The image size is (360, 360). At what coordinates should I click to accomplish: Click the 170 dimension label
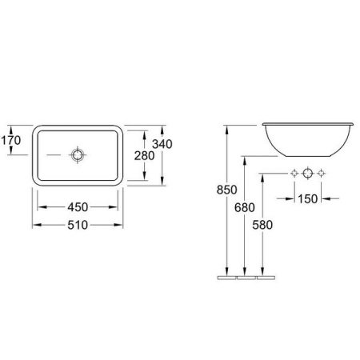pos(11,140)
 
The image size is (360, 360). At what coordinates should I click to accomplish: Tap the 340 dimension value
pos(162,144)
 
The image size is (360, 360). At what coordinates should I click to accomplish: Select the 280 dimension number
pos(144,156)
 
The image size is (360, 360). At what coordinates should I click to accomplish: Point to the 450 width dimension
pos(78,207)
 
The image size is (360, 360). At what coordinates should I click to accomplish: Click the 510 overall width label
pos(78,225)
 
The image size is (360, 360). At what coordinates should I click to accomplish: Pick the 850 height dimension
pos(226,190)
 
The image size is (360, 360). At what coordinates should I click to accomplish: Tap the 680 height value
pos(245,207)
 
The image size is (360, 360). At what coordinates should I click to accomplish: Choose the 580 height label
pos(262,225)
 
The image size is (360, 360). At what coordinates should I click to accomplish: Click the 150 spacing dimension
pos(307,199)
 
